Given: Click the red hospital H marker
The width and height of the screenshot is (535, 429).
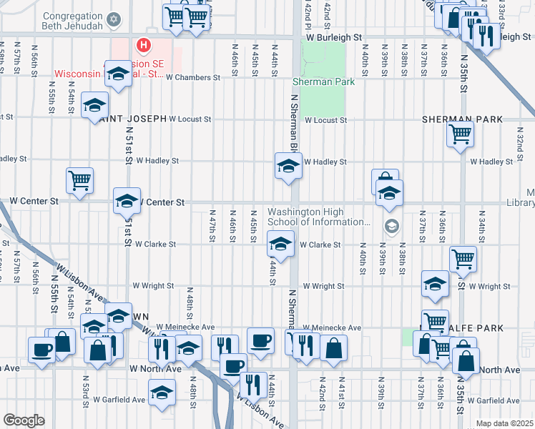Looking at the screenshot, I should point(144,46).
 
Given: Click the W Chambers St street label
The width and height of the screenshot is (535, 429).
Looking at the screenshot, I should point(192,77).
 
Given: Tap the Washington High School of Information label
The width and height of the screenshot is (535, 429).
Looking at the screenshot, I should point(319,217).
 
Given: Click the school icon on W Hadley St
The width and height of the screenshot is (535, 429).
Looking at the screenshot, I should point(288,166).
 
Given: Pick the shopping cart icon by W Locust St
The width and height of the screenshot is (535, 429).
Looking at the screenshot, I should point(460,133).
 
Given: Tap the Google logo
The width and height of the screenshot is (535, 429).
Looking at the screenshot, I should point(24,420).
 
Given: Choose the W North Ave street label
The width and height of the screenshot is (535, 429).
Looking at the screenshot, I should point(155,368).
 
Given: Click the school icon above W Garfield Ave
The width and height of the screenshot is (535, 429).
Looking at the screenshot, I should point(162,392).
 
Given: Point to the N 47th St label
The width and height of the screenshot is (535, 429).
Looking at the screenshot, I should point(212,226).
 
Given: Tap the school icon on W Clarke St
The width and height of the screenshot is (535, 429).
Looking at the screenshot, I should point(280,245).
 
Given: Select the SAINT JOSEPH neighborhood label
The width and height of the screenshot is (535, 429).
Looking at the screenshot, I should point(134,119).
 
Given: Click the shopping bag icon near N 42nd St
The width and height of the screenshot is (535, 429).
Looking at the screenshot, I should point(335,348).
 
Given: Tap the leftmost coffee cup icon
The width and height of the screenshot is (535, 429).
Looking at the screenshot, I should point(40,349).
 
